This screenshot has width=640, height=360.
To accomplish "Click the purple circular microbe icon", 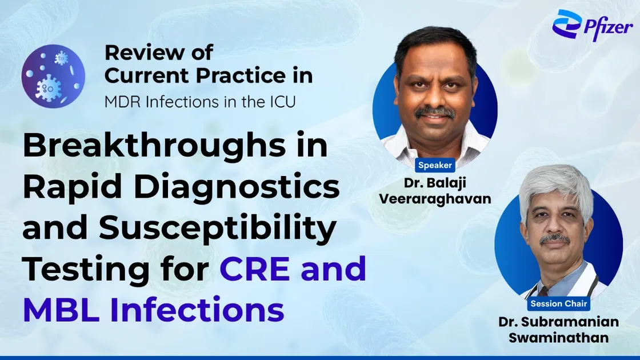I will click(x=53, y=75).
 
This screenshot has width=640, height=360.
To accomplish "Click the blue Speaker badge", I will click(x=435, y=165).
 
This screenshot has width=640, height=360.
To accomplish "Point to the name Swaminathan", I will click(x=558, y=338).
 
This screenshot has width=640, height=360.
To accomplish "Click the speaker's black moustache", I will click(x=435, y=112).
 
